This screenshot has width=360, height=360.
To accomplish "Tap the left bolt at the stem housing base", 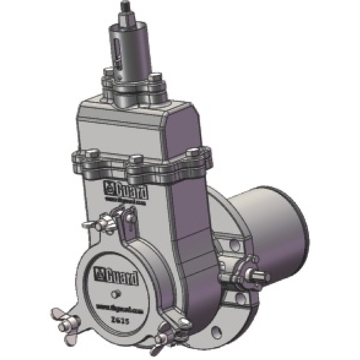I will tap(109, 73).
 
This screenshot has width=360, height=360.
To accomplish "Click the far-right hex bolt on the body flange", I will tap(195, 152).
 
